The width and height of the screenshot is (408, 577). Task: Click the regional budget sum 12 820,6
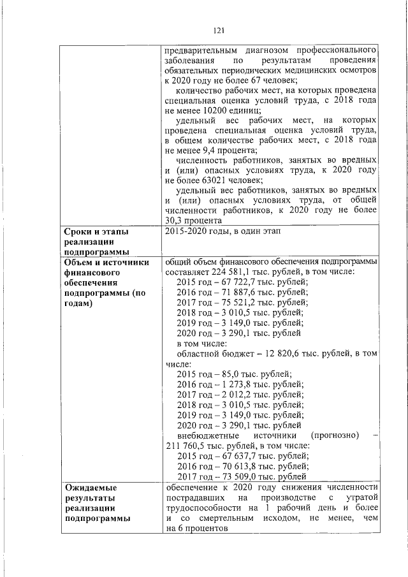click(x=262, y=353)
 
